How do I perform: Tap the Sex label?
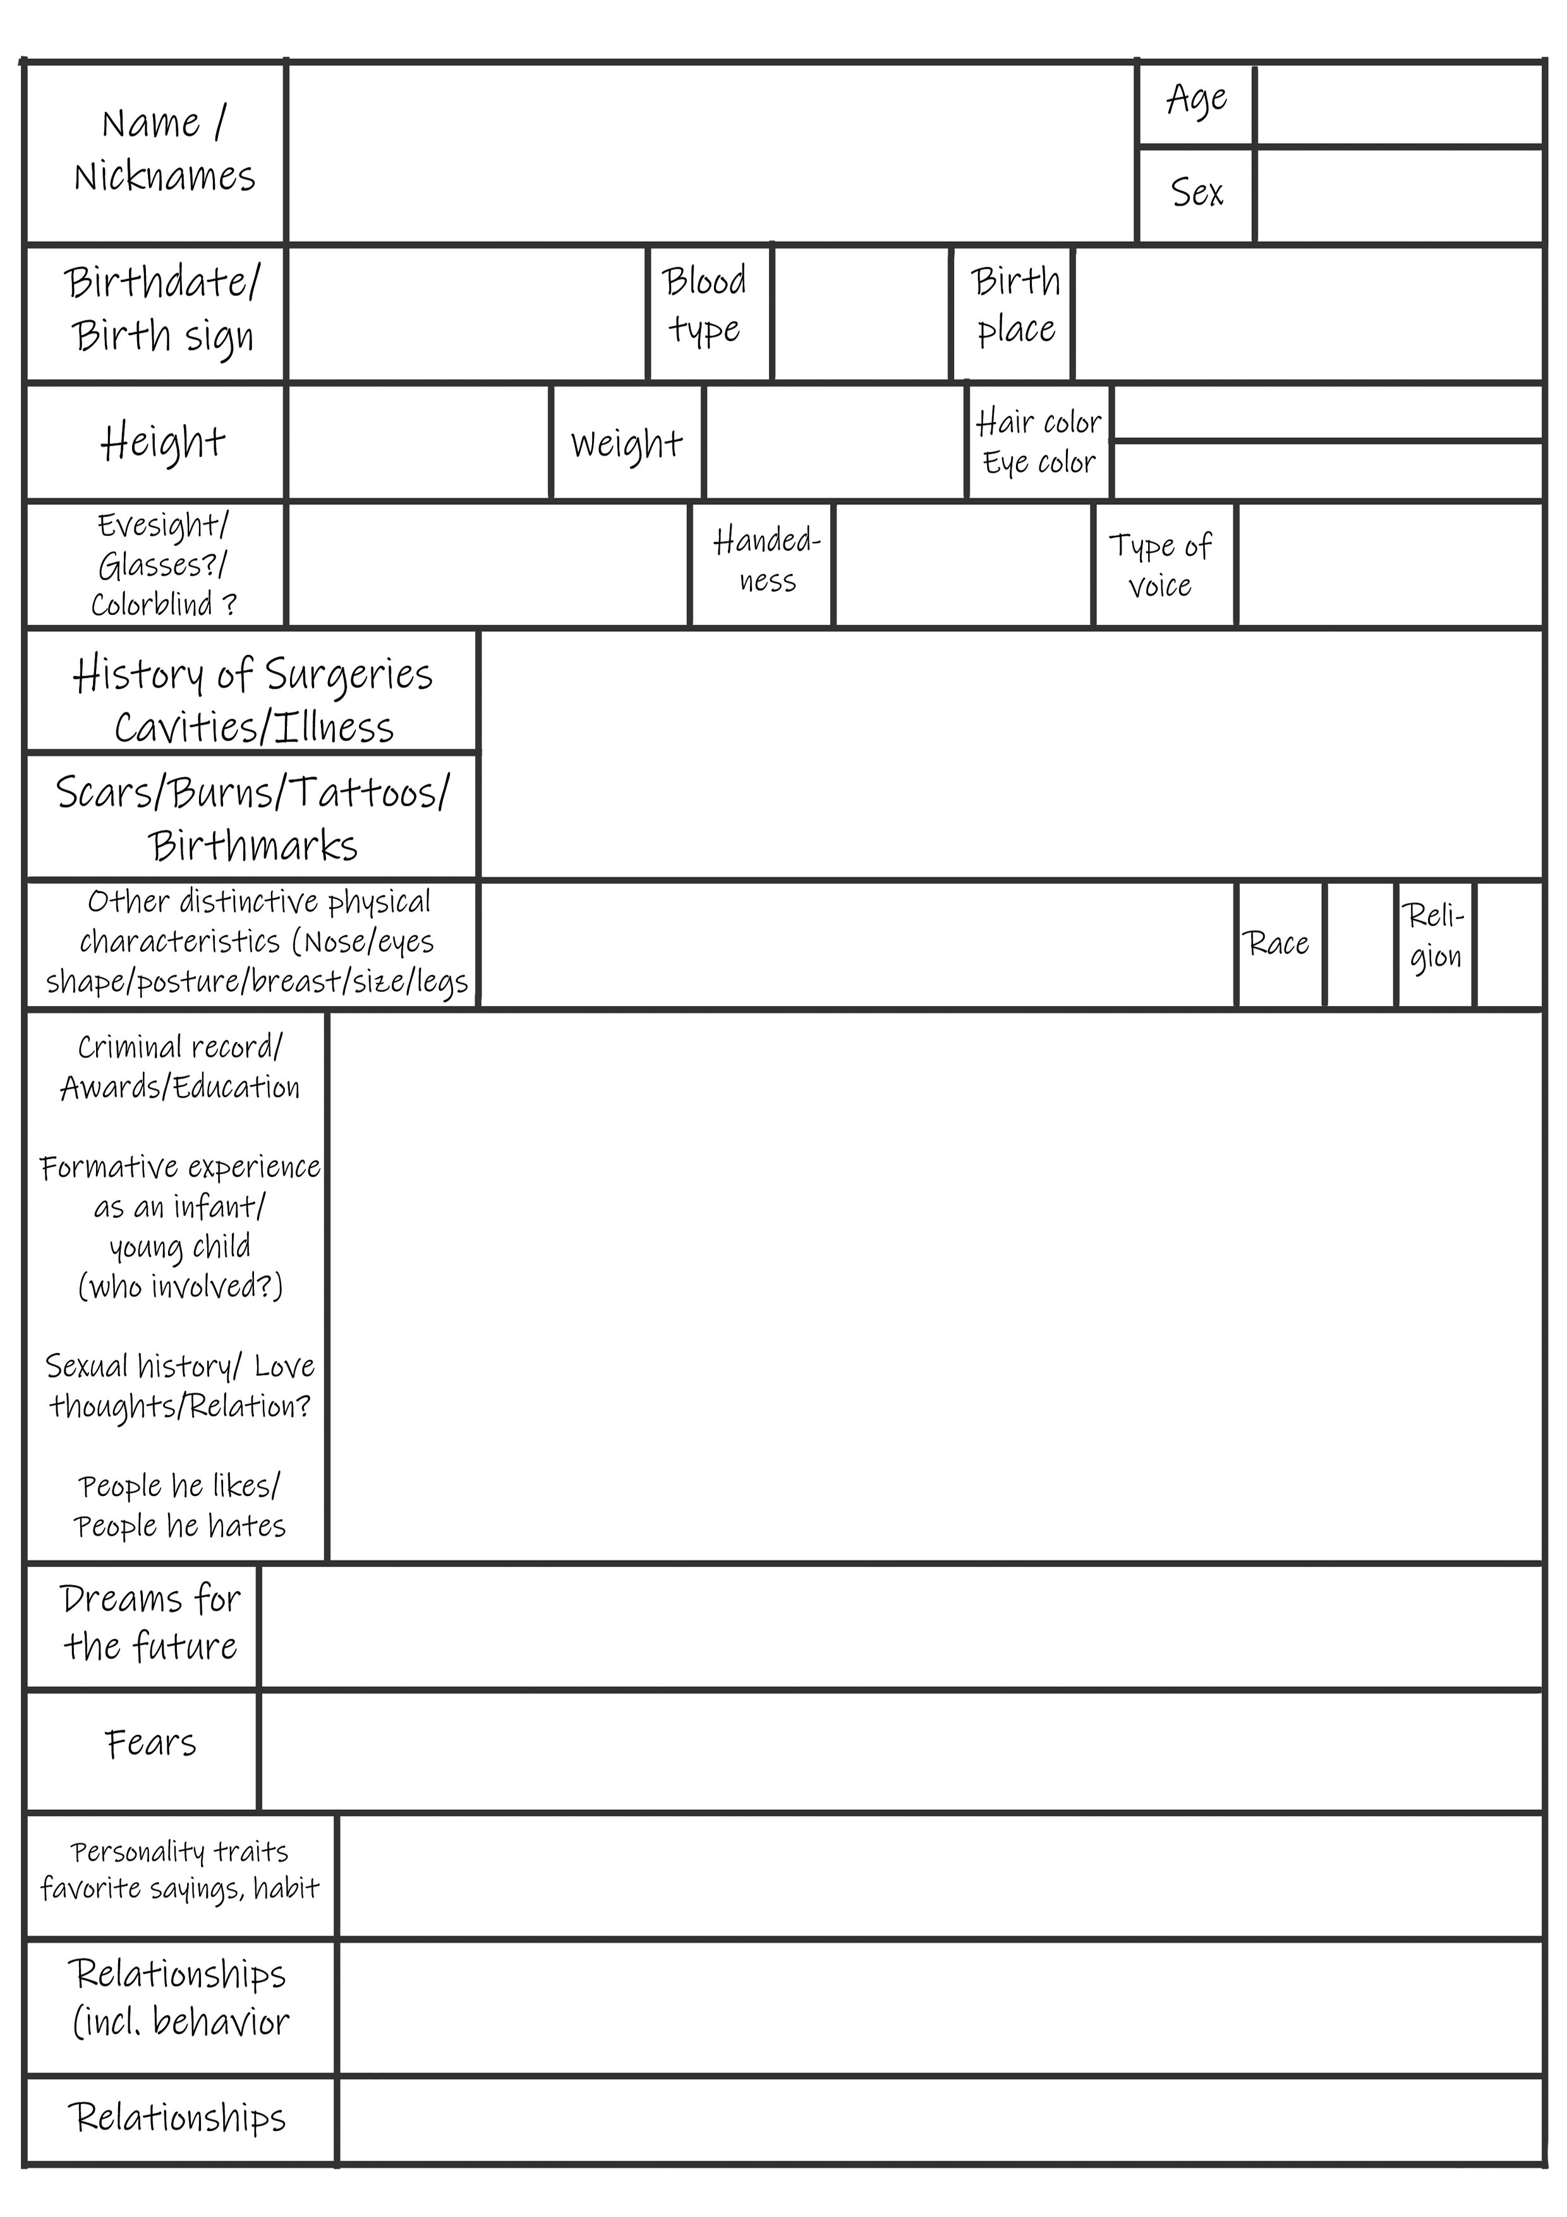tap(1196, 192)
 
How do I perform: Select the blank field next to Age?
tap(1399, 104)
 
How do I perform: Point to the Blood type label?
tap(705, 305)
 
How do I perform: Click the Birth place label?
tap(1015, 305)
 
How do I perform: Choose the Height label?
tap(162, 442)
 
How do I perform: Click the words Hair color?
tap(1038, 422)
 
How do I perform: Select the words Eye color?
tap(1038, 463)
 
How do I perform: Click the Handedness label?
tap(766, 560)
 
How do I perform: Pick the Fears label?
tap(150, 1743)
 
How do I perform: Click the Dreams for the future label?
tap(150, 1622)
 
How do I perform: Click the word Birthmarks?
tap(253, 846)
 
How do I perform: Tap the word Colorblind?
tap(152, 604)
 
